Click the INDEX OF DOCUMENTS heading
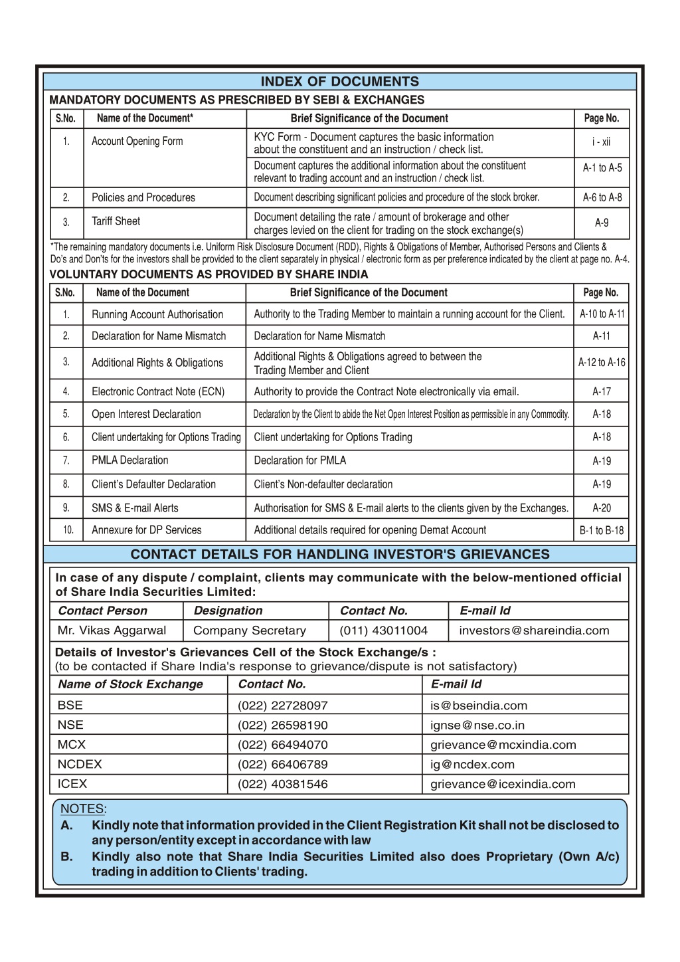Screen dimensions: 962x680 pos(339,82)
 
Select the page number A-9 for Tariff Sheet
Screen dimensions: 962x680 pos(602,223)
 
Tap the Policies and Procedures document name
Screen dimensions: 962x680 pos(143,197)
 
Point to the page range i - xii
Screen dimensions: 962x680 pos(602,142)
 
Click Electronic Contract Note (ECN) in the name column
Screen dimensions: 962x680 pos(158,392)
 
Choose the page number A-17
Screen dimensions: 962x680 pos(602,392)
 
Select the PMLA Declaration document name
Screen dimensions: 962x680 pos(130,460)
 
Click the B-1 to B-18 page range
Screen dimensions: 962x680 pos(602,530)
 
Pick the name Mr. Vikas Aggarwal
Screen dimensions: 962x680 pos(112,630)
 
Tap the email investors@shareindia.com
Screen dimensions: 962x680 pos(534,630)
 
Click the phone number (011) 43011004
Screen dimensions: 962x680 pos(384,630)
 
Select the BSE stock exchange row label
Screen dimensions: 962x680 pos(70,706)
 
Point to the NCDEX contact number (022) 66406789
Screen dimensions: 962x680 pos(283,765)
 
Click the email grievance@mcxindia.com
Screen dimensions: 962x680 pos(503,745)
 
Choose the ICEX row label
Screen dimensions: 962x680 pos(72,784)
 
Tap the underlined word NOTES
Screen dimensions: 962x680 pos(82,809)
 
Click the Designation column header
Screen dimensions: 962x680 pos(228,611)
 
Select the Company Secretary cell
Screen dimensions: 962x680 pos(250,630)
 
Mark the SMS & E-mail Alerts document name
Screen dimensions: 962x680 pos(135,508)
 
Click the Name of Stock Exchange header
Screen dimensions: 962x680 pos(130,684)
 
